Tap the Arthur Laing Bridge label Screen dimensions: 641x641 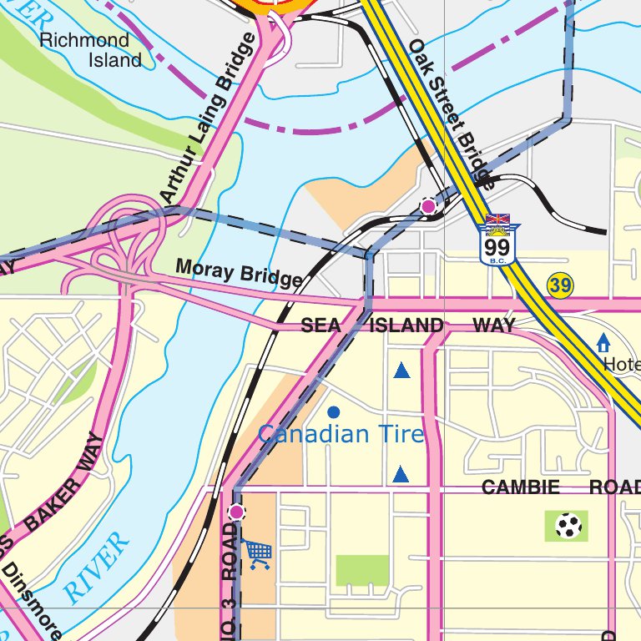click(207, 119)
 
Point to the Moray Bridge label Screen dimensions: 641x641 click(239, 273)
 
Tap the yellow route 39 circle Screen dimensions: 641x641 click(560, 286)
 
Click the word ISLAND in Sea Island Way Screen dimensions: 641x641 click(406, 326)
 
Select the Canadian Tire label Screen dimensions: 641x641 click(341, 435)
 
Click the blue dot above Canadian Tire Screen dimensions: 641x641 click(334, 411)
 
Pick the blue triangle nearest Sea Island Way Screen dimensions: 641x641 click(401, 371)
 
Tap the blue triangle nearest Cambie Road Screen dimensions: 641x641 click(401, 475)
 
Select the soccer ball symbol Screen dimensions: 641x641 click(569, 526)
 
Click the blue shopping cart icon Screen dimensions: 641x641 click(258, 553)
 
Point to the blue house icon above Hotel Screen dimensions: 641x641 click(603, 342)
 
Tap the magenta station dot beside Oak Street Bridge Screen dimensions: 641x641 click(428, 205)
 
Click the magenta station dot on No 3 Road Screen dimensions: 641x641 click(236, 512)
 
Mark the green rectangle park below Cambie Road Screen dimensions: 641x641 click(362, 570)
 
